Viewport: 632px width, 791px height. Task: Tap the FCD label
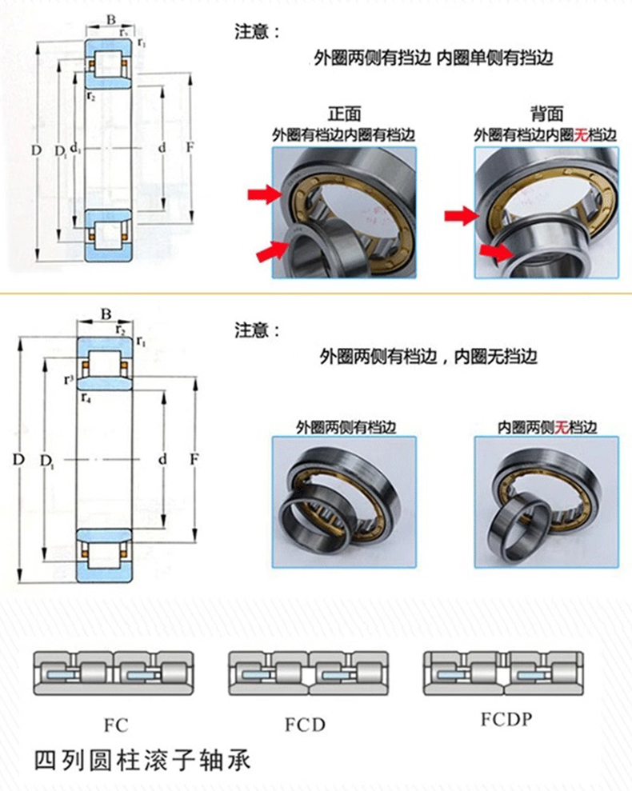(x=306, y=725)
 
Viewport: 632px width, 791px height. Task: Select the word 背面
(x=546, y=114)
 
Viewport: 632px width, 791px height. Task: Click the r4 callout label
(x=86, y=396)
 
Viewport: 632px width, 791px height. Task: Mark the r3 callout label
(x=70, y=378)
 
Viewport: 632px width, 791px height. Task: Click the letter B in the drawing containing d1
(x=111, y=19)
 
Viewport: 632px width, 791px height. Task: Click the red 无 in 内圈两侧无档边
(x=562, y=426)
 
